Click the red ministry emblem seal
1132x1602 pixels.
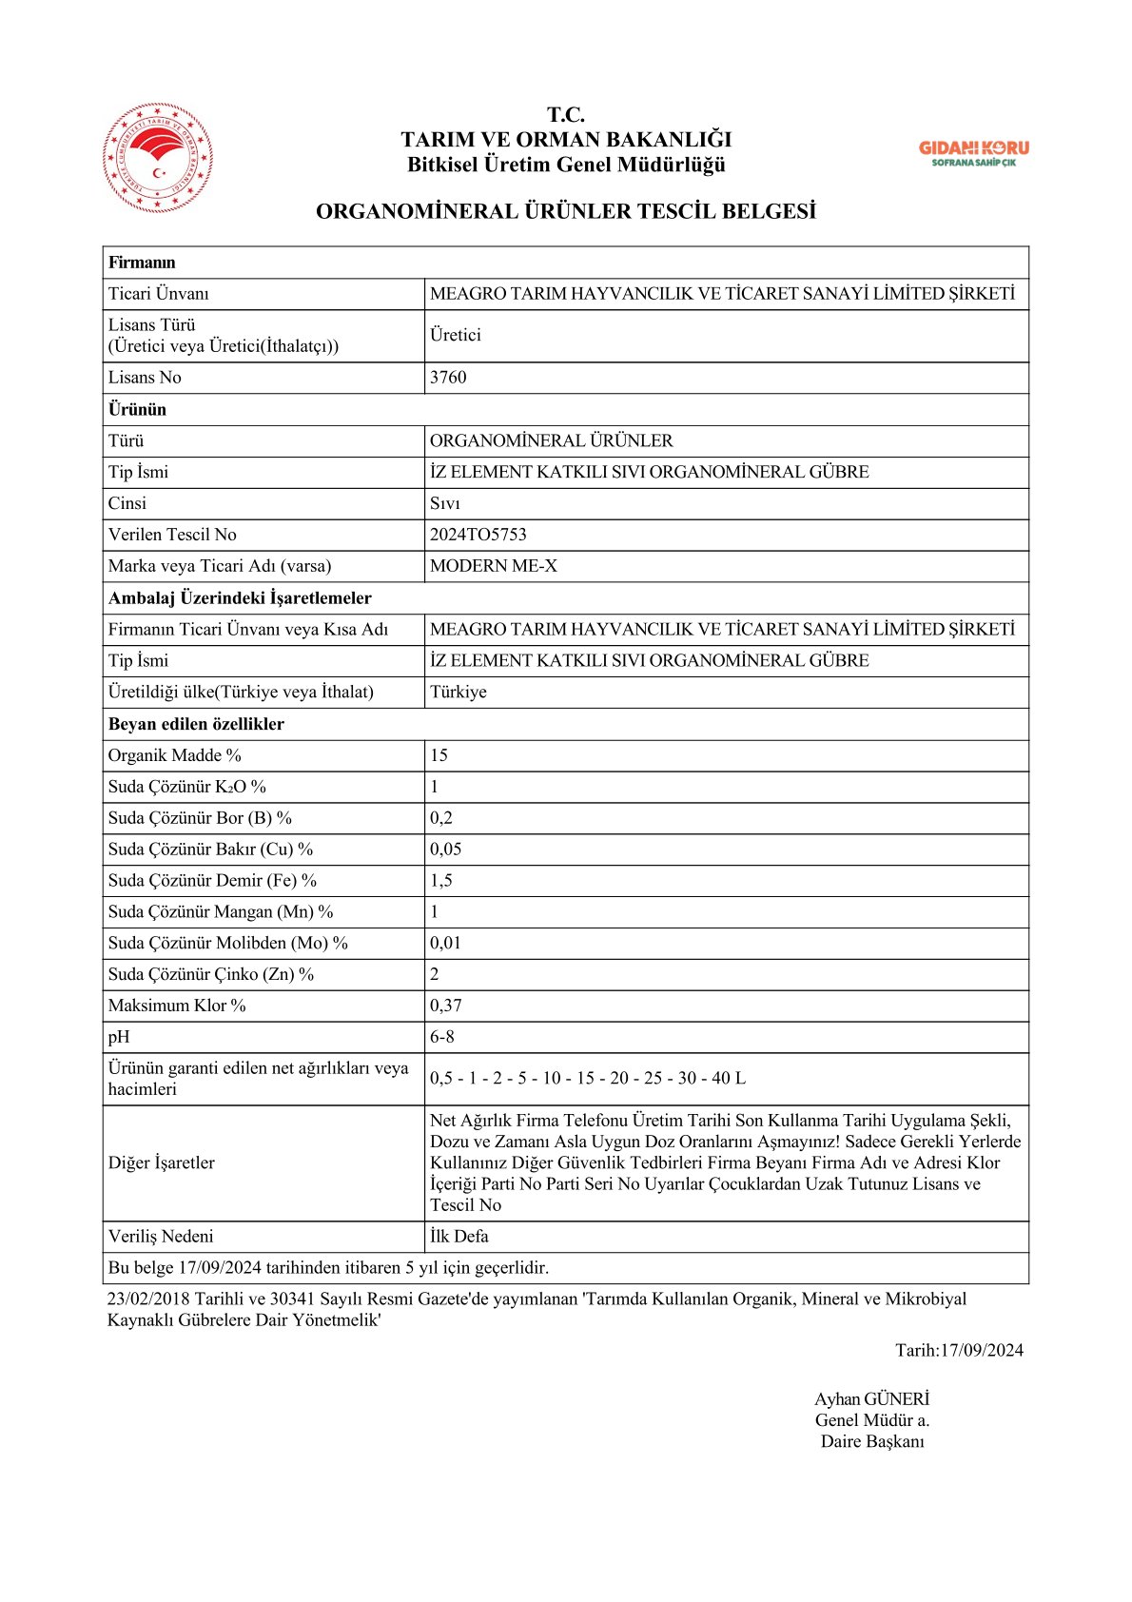(x=158, y=158)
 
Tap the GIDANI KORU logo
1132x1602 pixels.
(x=973, y=152)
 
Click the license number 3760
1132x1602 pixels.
(x=448, y=378)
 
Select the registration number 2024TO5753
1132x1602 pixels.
(x=478, y=535)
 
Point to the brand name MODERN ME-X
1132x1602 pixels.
(x=493, y=566)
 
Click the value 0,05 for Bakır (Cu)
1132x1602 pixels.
(x=445, y=850)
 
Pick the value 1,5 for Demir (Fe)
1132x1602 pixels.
(x=440, y=881)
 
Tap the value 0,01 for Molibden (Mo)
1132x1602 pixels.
(x=445, y=943)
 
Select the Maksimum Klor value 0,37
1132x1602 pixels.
(x=445, y=1006)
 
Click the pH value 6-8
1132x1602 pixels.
(x=441, y=1037)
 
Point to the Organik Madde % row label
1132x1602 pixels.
(x=174, y=755)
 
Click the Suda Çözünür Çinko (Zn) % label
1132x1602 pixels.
(x=210, y=974)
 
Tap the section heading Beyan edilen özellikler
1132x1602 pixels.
(x=196, y=724)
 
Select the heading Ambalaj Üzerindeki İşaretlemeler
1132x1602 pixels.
(x=240, y=597)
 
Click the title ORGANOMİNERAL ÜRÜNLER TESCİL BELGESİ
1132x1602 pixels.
(x=565, y=211)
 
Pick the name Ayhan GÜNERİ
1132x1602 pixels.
(x=871, y=1399)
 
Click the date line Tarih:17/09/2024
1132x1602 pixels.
(x=959, y=1350)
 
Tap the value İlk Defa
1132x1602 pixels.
(x=459, y=1237)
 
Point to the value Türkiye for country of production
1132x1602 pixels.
(x=458, y=692)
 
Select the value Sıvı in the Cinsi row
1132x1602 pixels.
(x=444, y=503)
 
